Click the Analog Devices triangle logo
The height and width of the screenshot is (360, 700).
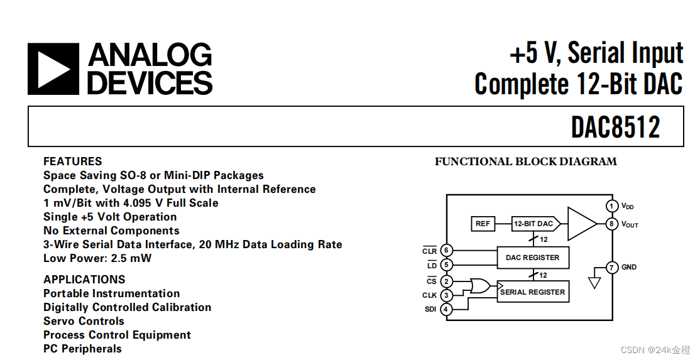coord(53,69)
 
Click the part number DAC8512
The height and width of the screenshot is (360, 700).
coord(615,128)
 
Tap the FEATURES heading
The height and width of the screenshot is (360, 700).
coord(72,161)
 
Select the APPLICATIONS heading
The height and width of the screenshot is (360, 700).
coord(84,280)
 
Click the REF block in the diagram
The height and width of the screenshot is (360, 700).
coord(483,224)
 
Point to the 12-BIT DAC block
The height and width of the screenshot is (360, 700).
coord(533,224)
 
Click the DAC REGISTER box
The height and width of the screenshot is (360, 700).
coord(532,257)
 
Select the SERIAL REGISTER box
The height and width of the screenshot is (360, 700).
coord(533,292)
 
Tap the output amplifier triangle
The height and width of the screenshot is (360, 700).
coord(581,224)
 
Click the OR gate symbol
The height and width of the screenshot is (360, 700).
coord(480,287)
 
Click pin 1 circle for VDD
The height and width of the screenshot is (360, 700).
coord(611,206)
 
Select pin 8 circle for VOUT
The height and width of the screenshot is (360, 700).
coord(611,224)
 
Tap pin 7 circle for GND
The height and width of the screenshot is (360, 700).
coord(611,268)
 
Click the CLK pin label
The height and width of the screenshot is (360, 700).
coord(429,295)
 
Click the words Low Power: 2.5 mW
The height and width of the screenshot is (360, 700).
coord(97,258)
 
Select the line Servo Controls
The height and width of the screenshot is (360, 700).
coord(84,321)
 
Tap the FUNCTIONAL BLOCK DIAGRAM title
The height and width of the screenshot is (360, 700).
coord(525,161)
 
